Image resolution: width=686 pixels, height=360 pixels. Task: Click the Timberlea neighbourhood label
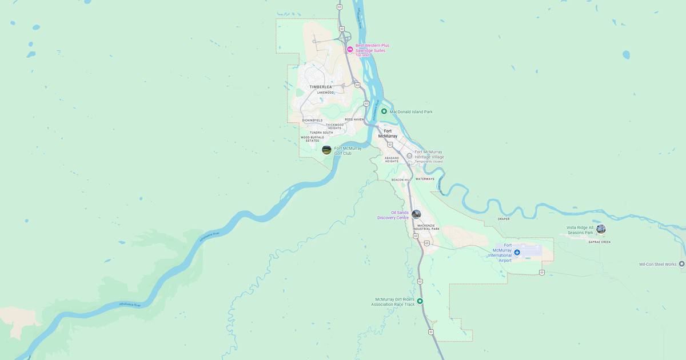320,87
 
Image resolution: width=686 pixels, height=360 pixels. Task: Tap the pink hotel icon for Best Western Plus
350,50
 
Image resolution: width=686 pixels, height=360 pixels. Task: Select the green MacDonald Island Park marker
384,111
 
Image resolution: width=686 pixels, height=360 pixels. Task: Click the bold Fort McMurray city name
388,134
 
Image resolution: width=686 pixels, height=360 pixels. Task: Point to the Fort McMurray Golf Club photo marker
326,150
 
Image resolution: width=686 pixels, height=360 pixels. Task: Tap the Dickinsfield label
312,120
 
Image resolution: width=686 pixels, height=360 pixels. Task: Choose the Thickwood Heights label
334,126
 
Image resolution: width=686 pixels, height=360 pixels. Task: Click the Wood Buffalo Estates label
313,139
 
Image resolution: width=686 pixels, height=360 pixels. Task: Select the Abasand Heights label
392,159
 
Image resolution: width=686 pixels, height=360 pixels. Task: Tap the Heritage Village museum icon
409,155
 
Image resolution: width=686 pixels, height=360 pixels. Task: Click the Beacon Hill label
401,180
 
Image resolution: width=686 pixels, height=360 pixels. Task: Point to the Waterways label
425,179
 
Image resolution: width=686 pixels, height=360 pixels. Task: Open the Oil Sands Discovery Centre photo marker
416,214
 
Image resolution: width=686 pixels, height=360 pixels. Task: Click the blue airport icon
517,252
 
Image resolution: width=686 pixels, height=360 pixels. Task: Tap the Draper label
503,219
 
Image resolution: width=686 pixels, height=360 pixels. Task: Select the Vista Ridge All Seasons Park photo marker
601,229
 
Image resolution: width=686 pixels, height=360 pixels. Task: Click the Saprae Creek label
600,242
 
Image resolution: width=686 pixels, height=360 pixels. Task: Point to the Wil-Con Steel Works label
657,264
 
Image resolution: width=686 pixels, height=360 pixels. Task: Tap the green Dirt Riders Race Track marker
420,301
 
